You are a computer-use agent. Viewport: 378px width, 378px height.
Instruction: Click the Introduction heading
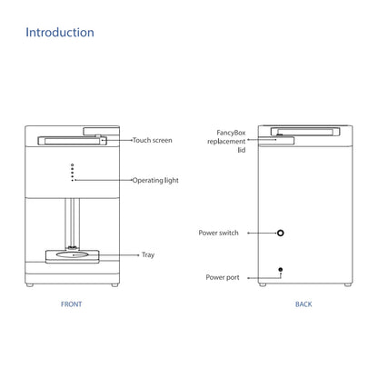pos(60,33)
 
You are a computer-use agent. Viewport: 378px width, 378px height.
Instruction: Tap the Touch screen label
pos(153,140)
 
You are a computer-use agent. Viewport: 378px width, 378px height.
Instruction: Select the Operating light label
pos(155,180)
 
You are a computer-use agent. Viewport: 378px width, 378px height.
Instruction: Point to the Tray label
pos(148,254)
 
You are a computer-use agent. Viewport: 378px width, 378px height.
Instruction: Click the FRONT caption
pos(72,304)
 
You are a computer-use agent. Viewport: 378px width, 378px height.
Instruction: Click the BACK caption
pos(303,304)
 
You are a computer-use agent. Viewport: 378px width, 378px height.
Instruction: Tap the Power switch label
pos(218,233)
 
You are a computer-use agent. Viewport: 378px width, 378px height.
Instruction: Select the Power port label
pos(223,277)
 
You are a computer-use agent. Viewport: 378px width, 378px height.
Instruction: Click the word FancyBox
pos(231,133)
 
